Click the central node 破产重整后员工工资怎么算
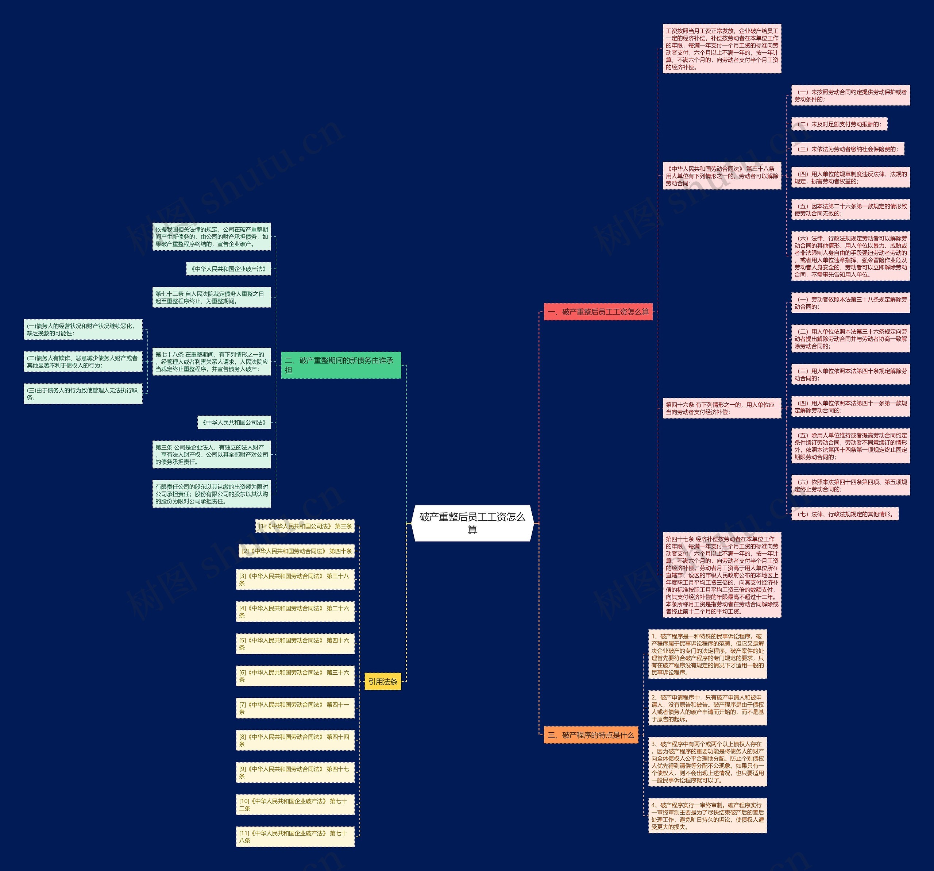click(472, 523)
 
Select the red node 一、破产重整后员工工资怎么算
click(598, 312)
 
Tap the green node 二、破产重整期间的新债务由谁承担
click(341, 365)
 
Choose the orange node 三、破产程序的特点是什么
click(591, 735)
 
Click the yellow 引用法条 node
click(383, 681)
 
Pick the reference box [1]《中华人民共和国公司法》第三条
click(305, 526)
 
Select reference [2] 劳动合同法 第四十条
click(297, 551)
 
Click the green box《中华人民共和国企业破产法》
click(229, 269)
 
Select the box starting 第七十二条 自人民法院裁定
click(211, 297)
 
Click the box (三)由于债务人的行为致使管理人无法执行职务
click(83, 394)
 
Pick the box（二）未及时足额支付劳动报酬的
click(839, 124)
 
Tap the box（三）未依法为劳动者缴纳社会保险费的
click(848, 149)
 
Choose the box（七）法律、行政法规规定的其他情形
click(845, 514)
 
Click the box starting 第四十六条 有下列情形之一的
click(722, 408)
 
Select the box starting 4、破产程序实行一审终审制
click(707, 816)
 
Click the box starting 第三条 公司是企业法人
click(211, 454)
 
